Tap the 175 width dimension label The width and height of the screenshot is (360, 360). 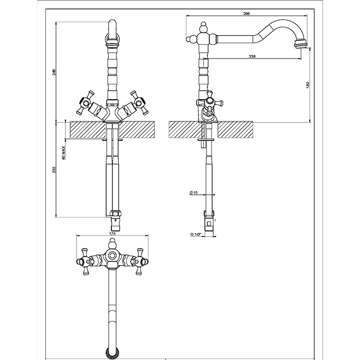pyautogui.click(x=112, y=233)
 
